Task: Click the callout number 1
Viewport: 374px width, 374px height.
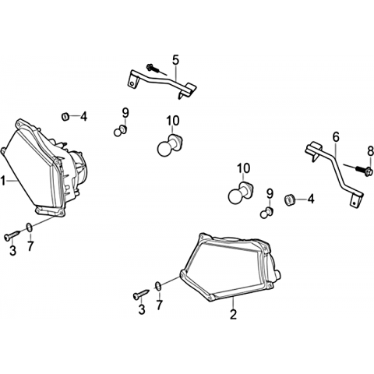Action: coord(3,181)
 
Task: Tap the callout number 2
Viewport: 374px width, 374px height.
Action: coord(233,314)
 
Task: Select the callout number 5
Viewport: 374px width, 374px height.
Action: coord(175,60)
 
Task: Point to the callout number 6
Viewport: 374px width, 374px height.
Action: coord(336,137)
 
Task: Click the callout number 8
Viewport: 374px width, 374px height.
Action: coord(370,152)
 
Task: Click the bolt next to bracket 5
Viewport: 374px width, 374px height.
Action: coord(153,69)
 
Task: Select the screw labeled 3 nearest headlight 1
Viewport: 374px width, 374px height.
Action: coord(12,235)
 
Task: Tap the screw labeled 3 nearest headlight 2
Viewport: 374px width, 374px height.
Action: coord(141,295)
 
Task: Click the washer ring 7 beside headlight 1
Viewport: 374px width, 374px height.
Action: coord(30,228)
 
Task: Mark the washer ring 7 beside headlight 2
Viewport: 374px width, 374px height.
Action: coord(158,286)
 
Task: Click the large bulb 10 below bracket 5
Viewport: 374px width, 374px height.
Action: coord(170,146)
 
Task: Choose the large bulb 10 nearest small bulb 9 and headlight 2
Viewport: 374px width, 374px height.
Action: coord(240,193)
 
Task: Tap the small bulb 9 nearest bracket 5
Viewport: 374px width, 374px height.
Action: coord(120,131)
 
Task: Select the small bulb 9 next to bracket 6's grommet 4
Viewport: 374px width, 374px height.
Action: coord(266,212)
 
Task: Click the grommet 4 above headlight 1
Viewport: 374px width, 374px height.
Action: coord(65,116)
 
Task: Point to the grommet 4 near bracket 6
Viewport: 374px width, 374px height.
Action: coord(290,199)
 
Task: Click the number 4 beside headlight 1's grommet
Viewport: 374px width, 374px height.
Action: coord(83,117)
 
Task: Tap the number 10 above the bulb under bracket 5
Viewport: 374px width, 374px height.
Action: coord(173,121)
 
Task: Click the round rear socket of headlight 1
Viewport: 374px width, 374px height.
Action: coord(81,166)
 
